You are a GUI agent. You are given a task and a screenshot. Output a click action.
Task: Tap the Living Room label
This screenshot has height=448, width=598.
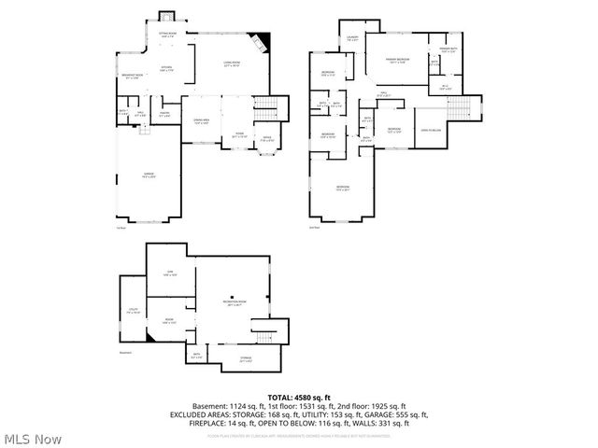pyautogui.click(x=233, y=64)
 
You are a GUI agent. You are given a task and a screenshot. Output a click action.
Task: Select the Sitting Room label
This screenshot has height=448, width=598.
pyautogui.click(x=166, y=36)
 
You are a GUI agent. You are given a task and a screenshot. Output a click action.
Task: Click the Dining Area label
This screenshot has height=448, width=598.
pyautogui.click(x=201, y=121)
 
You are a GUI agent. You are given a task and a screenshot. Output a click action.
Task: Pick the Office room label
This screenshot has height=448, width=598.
pyautogui.click(x=266, y=139)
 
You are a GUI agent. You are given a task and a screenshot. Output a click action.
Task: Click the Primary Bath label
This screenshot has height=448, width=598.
pyautogui.click(x=448, y=49)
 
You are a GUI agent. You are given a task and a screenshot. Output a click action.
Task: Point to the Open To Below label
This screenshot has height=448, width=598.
pyautogui.click(x=431, y=130)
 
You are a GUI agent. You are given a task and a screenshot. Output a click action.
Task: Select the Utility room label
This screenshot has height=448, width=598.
pyautogui.click(x=135, y=312)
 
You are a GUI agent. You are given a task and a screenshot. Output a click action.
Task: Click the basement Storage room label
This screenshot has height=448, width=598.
pyautogui.click(x=246, y=359)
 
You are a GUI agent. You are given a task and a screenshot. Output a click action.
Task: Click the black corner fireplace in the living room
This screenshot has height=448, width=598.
pyautogui.click(x=265, y=42)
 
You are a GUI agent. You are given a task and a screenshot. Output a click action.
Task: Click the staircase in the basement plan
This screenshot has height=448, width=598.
pyautogui.click(x=265, y=330)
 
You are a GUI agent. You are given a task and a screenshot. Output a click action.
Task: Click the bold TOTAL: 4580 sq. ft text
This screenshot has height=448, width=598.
pyautogui.click(x=299, y=398)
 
